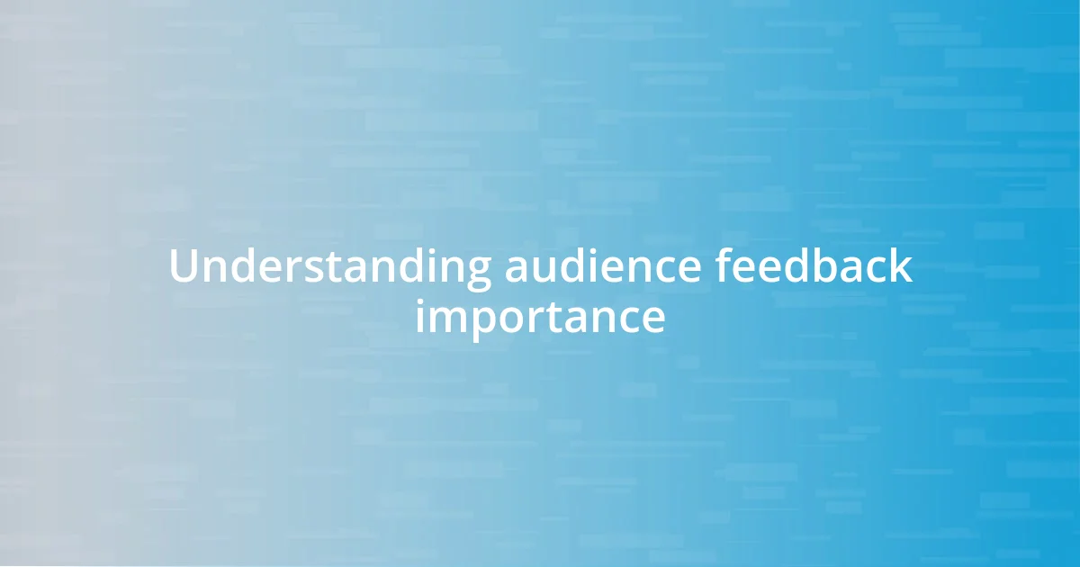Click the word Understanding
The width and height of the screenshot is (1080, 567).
click(x=329, y=267)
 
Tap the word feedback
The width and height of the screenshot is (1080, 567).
click(x=814, y=267)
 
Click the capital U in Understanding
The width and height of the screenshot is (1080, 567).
click(x=183, y=267)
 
